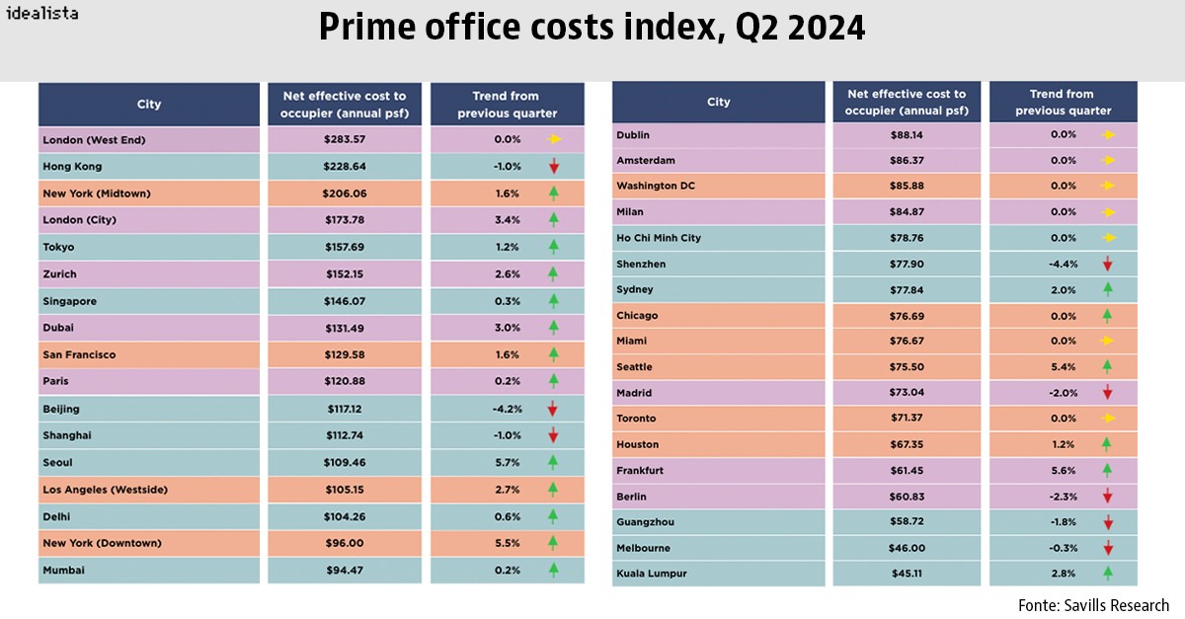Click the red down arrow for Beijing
[x=553, y=409]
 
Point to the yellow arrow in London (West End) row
[x=553, y=140]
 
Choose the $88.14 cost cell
[x=907, y=135]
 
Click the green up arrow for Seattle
[x=1108, y=367]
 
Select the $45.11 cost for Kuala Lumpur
[x=907, y=574]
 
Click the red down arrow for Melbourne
[x=1108, y=548]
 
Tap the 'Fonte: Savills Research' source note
[x=1093, y=605]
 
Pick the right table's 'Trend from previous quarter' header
[x=1063, y=103]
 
